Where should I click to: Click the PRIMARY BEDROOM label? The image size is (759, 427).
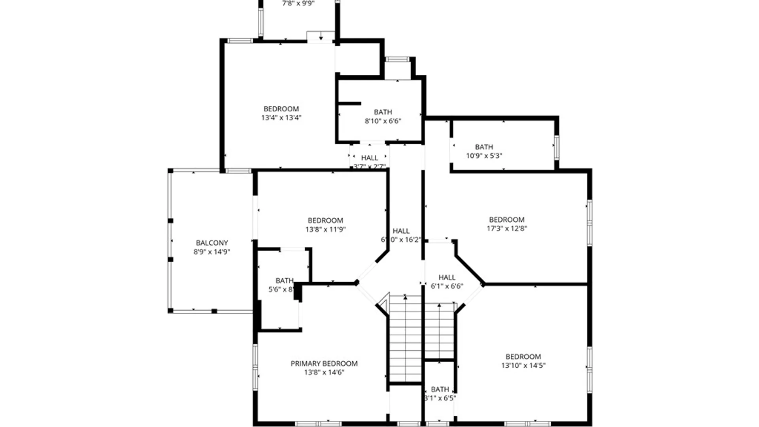tap(324, 363)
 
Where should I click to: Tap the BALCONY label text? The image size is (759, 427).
tap(212, 243)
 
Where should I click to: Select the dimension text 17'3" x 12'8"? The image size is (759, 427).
tap(507, 229)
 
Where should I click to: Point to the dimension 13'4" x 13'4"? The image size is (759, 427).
tap(281, 117)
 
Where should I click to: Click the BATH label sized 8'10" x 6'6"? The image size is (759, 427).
tap(383, 112)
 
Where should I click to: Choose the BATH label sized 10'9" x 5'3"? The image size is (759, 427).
tap(484, 147)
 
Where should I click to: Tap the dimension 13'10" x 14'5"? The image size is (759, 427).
tap(523, 366)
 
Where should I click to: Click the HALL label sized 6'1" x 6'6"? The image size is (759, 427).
tap(447, 278)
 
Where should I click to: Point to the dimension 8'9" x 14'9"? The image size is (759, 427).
tap(212, 252)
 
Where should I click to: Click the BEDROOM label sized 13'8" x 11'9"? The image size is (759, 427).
tap(325, 221)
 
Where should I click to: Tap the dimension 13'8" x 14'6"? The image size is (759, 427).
tap(324, 372)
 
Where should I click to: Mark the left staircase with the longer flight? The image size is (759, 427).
tap(405, 338)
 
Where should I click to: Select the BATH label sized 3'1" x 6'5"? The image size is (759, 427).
tap(440, 389)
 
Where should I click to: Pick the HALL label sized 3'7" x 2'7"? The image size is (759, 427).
tap(370, 158)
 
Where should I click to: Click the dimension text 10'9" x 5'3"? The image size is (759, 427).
tap(484, 156)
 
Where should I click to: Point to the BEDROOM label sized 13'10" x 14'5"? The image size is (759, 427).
tap(523, 357)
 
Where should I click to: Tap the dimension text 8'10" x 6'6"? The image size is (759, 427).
tap(383, 121)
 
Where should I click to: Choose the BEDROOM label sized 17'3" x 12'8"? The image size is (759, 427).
tap(507, 220)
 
